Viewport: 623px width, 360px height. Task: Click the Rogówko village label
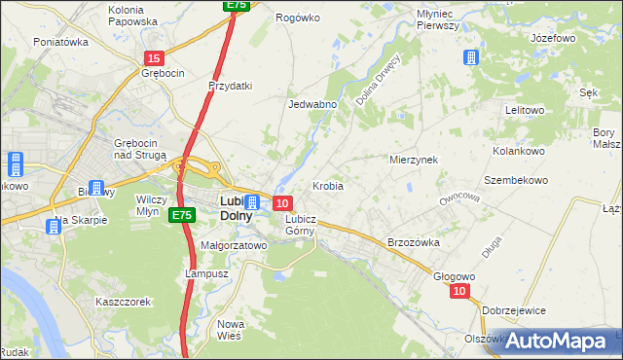point(298,18)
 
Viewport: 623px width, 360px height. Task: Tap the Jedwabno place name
point(312,104)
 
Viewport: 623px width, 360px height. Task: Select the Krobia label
point(327,185)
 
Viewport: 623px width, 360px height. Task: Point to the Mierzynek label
point(414,159)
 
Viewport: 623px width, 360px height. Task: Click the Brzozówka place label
point(414,242)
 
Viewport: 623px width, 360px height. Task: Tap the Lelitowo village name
point(525,110)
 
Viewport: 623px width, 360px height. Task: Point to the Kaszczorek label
point(123,302)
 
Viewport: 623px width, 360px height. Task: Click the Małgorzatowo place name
point(234,246)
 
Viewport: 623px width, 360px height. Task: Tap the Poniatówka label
point(61,42)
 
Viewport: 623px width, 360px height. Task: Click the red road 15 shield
point(154,58)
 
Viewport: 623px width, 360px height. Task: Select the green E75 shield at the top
point(236,5)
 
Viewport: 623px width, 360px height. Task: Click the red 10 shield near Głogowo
point(460,291)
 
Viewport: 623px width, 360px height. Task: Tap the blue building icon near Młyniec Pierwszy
point(472,57)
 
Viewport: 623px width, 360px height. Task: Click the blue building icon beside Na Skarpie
point(53,227)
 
